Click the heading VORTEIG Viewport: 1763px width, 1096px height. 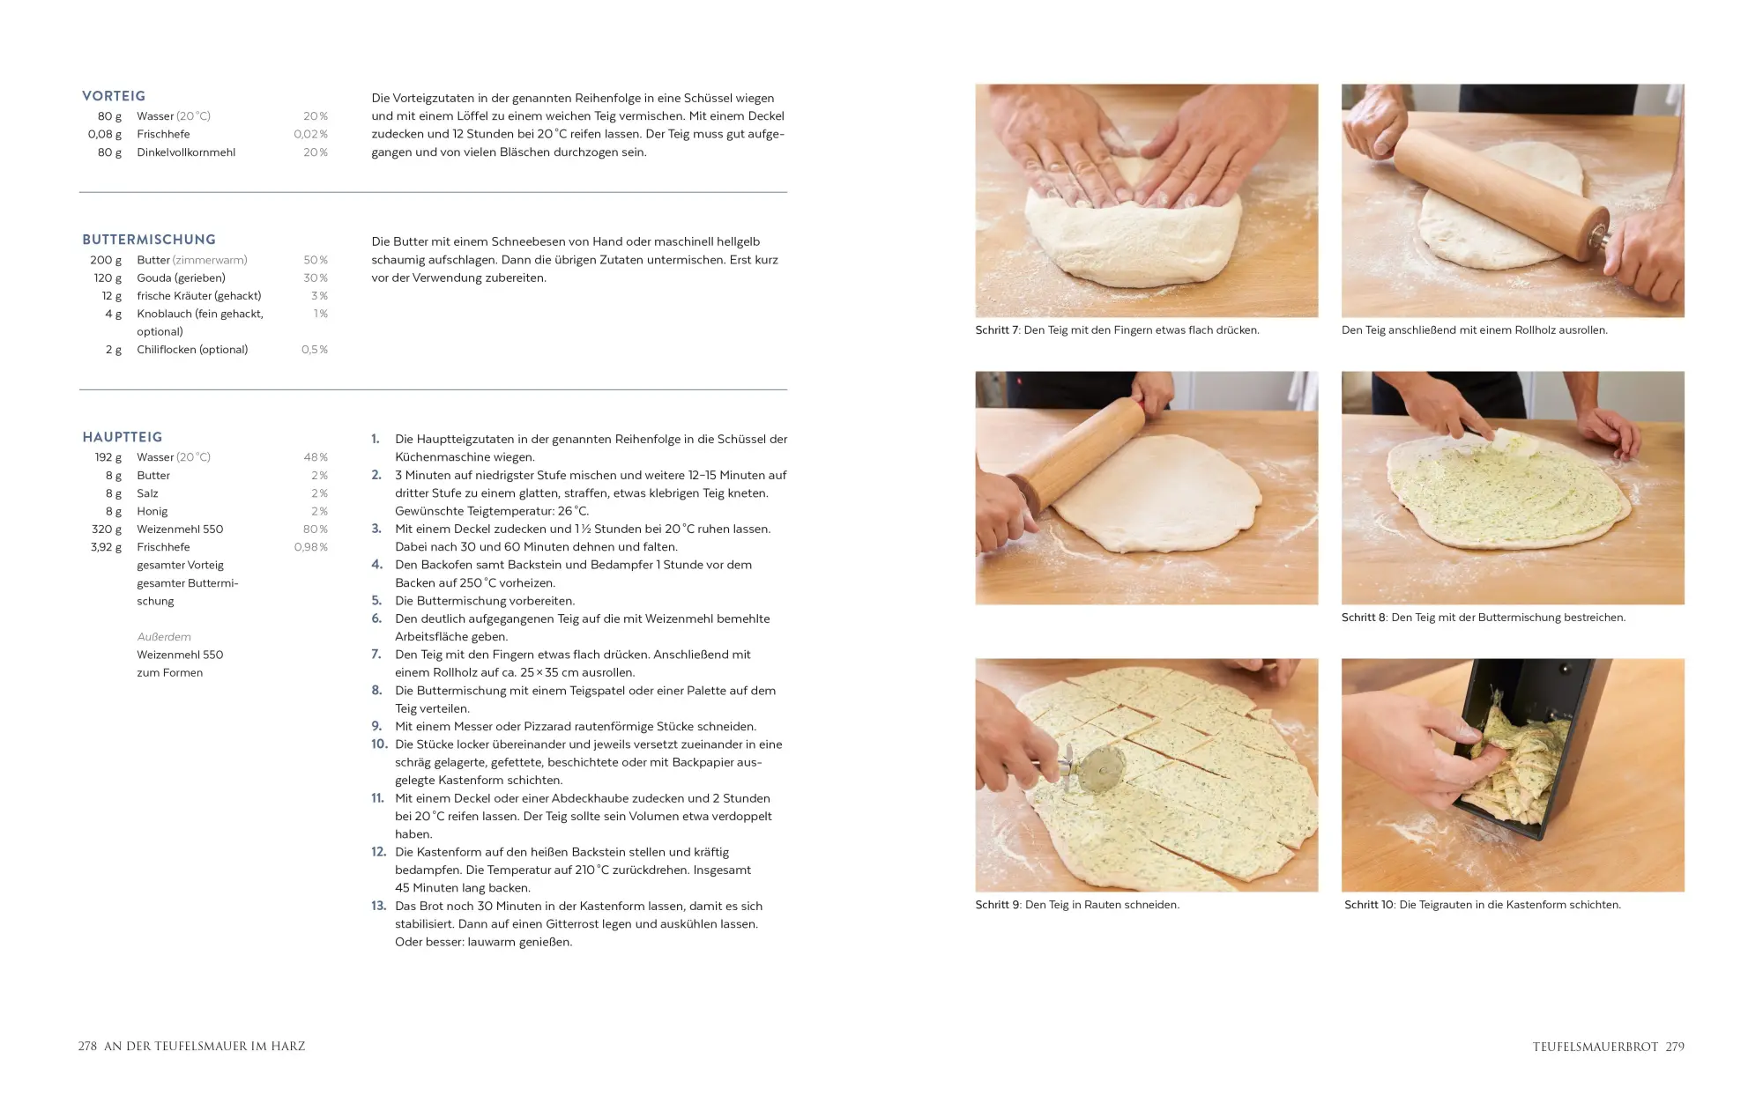pos(114,96)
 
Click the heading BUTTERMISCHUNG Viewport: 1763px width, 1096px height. pos(149,240)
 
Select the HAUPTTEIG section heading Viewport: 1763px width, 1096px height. pos(123,437)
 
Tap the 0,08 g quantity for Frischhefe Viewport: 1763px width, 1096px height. pos(105,134)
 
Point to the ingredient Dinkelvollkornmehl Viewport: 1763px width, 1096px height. pos(186,152)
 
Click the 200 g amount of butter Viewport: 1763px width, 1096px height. pos(106,260)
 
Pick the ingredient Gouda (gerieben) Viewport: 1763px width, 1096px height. pos(181,278)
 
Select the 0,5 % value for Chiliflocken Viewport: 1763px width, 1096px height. pos(315,350)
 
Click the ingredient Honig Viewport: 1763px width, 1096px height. pos(152,511)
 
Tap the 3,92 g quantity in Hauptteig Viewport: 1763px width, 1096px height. pos(106,547)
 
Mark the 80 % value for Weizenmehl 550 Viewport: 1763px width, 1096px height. pos(316,529)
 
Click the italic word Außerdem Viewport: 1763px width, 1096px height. pos(164,637)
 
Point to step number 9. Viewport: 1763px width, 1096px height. pos(376,726)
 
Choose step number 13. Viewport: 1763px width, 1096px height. pos(379,906)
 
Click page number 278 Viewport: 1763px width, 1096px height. pos(87,1047)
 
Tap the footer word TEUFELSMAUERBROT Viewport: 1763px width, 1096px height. pos(1596,1047)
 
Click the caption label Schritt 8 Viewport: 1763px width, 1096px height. pos(1364,618)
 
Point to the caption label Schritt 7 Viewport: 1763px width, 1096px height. pos(997,330)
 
